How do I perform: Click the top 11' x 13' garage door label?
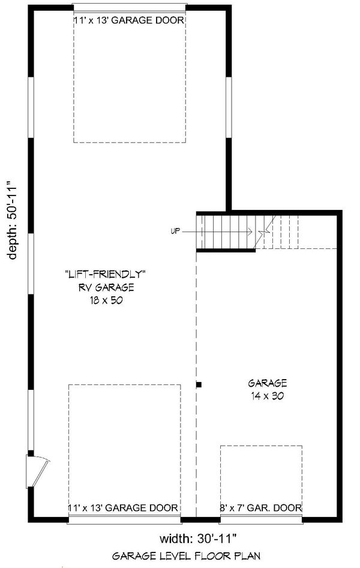click(128, 20)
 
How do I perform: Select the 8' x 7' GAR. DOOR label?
click(261, 507)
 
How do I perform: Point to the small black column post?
click(199, 384)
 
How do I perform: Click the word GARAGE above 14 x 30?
click(268, 383)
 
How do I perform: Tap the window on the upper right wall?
click(229, 107)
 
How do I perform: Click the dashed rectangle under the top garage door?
click(128, 84)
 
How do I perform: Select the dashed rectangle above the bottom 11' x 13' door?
click(125, 444)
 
